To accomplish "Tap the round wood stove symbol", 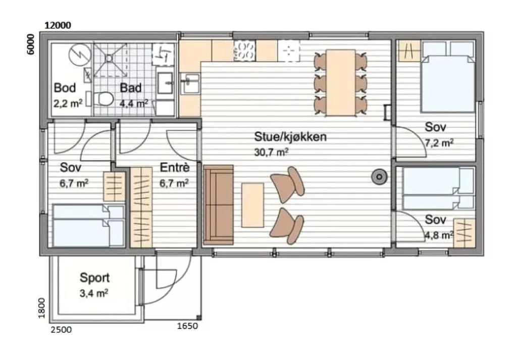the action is tap(379, 177).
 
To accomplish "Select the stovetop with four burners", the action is tap(245, 50).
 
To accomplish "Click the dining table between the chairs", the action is tap(341, 82).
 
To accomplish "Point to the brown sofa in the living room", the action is tap(218, 205).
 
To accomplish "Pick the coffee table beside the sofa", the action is tap(252, 205).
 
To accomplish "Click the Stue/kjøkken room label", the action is tap(290, 137).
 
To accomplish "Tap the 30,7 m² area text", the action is tap(272, 152).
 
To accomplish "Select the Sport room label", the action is tap(94, 278).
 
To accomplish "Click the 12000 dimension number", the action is tap(58, 25).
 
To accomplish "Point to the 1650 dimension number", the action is tap(188, 326).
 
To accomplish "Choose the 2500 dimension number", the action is tap(61, 330).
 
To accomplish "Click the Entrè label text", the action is tap(175, 168).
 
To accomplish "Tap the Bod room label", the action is tap(65, 88).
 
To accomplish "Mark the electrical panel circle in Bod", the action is tap(80, 55).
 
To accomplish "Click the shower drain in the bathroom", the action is tap(109, 59).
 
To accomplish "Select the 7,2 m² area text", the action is tap(439, 143).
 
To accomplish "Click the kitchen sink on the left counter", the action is tap(190, 84).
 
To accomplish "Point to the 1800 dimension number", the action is tap(41, 308).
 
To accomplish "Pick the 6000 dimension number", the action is tap(30, 44).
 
